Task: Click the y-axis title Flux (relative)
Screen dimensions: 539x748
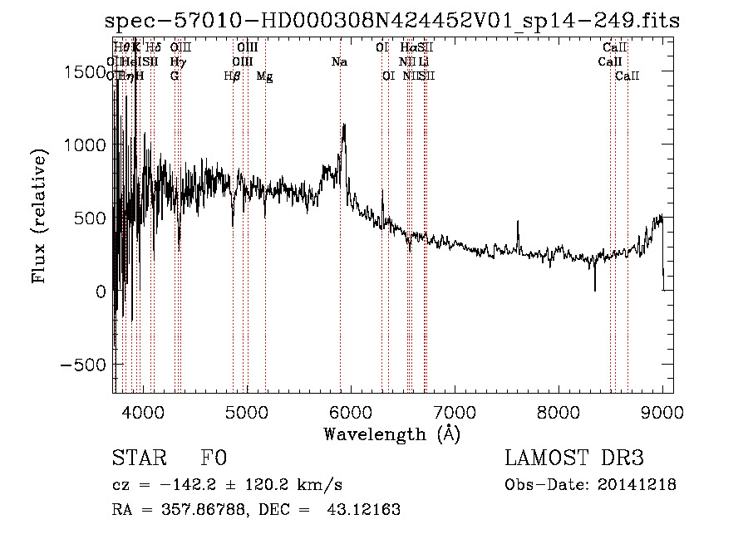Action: click(x=39, y=216)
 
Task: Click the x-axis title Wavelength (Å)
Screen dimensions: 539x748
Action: click(x=391, y=434)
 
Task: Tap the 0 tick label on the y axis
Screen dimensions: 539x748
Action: click(x=100, y=292)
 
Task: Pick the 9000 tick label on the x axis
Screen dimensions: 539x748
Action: click(x=662, y=411)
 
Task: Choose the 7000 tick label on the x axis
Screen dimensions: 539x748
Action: click(x=454, y=411)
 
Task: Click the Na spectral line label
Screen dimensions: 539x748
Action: click(x=339, y=62)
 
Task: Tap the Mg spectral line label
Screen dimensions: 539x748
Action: click(x=264, y=76)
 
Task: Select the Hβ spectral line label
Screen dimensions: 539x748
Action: click(x=233, y=76)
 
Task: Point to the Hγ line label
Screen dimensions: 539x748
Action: click(x=178, y=62)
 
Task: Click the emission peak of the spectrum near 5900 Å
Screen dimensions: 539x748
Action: click(x=344, y=126)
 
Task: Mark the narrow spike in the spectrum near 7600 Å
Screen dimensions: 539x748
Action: click(x=518, y=223)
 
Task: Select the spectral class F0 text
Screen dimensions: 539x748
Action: click(x=214, y=458)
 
